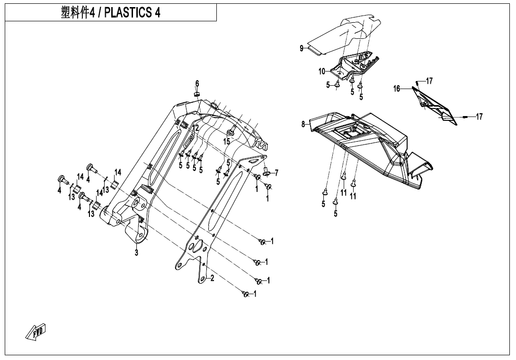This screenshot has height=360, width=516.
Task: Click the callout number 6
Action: pos(197,84)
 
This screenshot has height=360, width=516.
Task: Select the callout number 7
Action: pos(276,172)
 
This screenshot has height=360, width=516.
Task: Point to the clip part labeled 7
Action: pos(266,171)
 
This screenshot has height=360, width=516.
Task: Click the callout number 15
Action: pos(227,141)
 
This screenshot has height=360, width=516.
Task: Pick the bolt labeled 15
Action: pos(232,130)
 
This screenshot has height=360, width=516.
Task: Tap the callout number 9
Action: pos(301,48)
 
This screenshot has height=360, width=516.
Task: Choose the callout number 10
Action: pos(322,72)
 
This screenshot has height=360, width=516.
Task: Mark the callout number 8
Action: pos(303,125)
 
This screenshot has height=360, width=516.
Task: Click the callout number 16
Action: pos(397,88)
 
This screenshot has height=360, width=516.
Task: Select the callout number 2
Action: pos(212,278)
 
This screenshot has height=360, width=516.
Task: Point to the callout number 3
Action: pos(136,253)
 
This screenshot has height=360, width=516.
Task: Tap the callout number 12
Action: pos(196,128)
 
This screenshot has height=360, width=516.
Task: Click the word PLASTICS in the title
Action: pos(127,13)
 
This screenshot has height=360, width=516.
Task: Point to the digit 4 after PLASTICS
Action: pos(157,13)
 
